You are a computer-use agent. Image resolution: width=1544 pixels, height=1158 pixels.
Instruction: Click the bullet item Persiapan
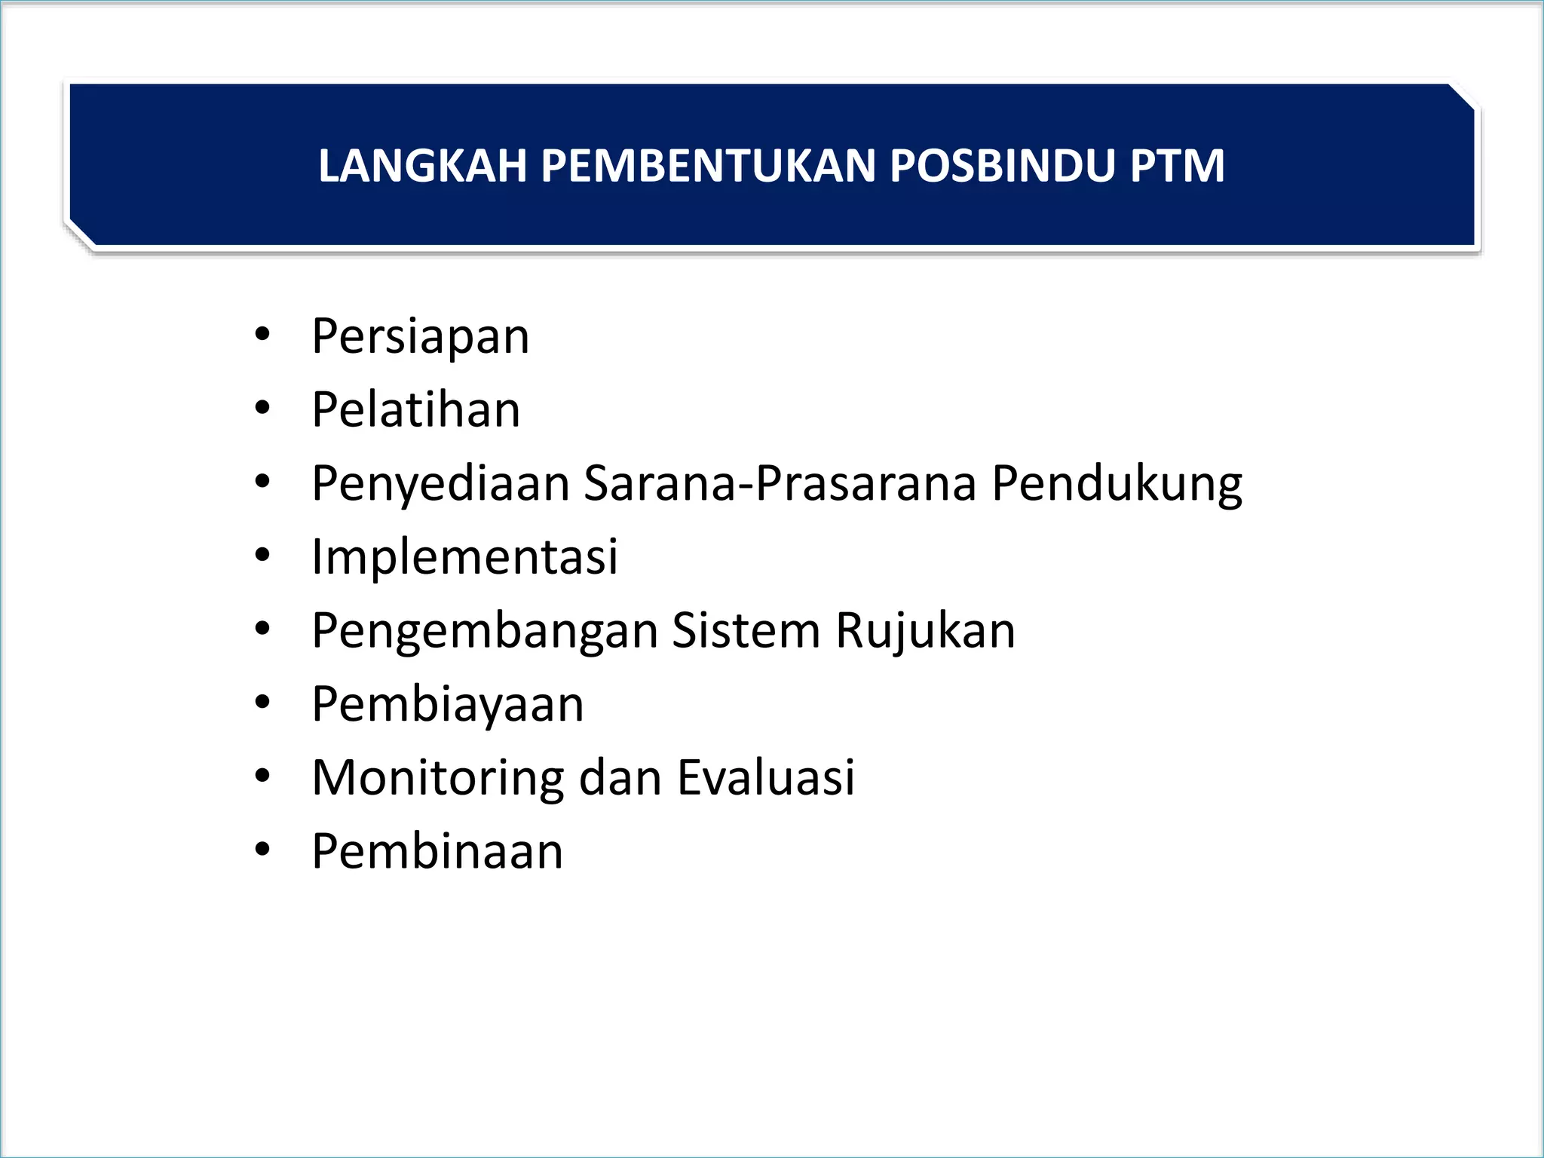tap(420, 336)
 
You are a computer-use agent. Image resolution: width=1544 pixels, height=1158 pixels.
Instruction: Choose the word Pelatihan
tap(415, 410)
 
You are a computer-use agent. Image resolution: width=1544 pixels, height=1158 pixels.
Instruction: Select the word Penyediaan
tap(440, 483)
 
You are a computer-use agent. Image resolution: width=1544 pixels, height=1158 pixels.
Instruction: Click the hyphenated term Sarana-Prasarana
tap(780, 483)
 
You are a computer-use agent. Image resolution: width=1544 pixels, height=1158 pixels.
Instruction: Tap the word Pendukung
tap(1117, 483)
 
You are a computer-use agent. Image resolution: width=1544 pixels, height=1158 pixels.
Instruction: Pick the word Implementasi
tap(464, 557)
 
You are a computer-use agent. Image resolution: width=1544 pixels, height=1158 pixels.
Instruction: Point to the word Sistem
tap(746, 631)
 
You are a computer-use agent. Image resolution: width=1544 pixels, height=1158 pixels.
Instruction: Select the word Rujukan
tap(925, 631)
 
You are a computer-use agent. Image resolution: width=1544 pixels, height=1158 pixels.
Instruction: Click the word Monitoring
tap(437, 778)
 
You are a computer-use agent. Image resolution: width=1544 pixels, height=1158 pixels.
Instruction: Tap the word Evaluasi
tap(766, 778)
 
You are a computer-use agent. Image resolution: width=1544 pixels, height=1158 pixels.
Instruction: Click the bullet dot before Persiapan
tap(262, 335)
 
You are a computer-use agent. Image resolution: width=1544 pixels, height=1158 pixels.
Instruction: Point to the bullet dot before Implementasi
tap(262, 556)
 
